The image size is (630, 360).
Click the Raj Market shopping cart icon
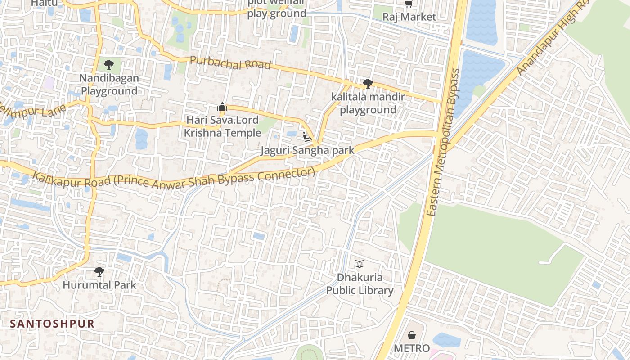[409, 4]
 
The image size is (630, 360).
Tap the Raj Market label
[409, 17]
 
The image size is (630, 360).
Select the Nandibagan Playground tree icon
[108, 64]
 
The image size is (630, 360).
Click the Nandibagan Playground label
[108, 85]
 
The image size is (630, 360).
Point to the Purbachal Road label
[230, 63]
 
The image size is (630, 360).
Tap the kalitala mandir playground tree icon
[368, 83]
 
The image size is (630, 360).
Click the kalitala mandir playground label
[368, 103]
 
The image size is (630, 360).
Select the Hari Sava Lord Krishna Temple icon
[222, 107]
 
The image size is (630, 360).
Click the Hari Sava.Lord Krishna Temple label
[222, 126]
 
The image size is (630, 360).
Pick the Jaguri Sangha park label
[307, 150]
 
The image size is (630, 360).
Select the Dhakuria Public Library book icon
[359, 264]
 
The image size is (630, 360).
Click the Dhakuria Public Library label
[360, 284]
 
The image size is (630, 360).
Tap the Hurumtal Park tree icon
[99, 271]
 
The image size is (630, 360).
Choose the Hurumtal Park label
[99, 285]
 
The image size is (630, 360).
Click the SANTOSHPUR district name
[52, 324]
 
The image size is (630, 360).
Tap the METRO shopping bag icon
[412, 335]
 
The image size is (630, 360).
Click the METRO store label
[412, 348]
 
